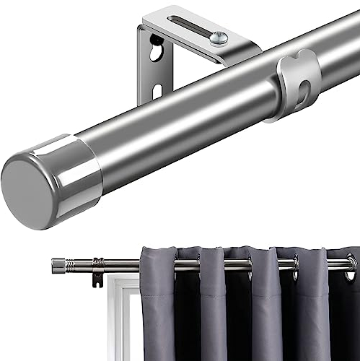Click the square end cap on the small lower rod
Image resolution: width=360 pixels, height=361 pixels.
pos(58,266)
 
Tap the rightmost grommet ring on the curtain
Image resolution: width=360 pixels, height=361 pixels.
pos(351,266)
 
